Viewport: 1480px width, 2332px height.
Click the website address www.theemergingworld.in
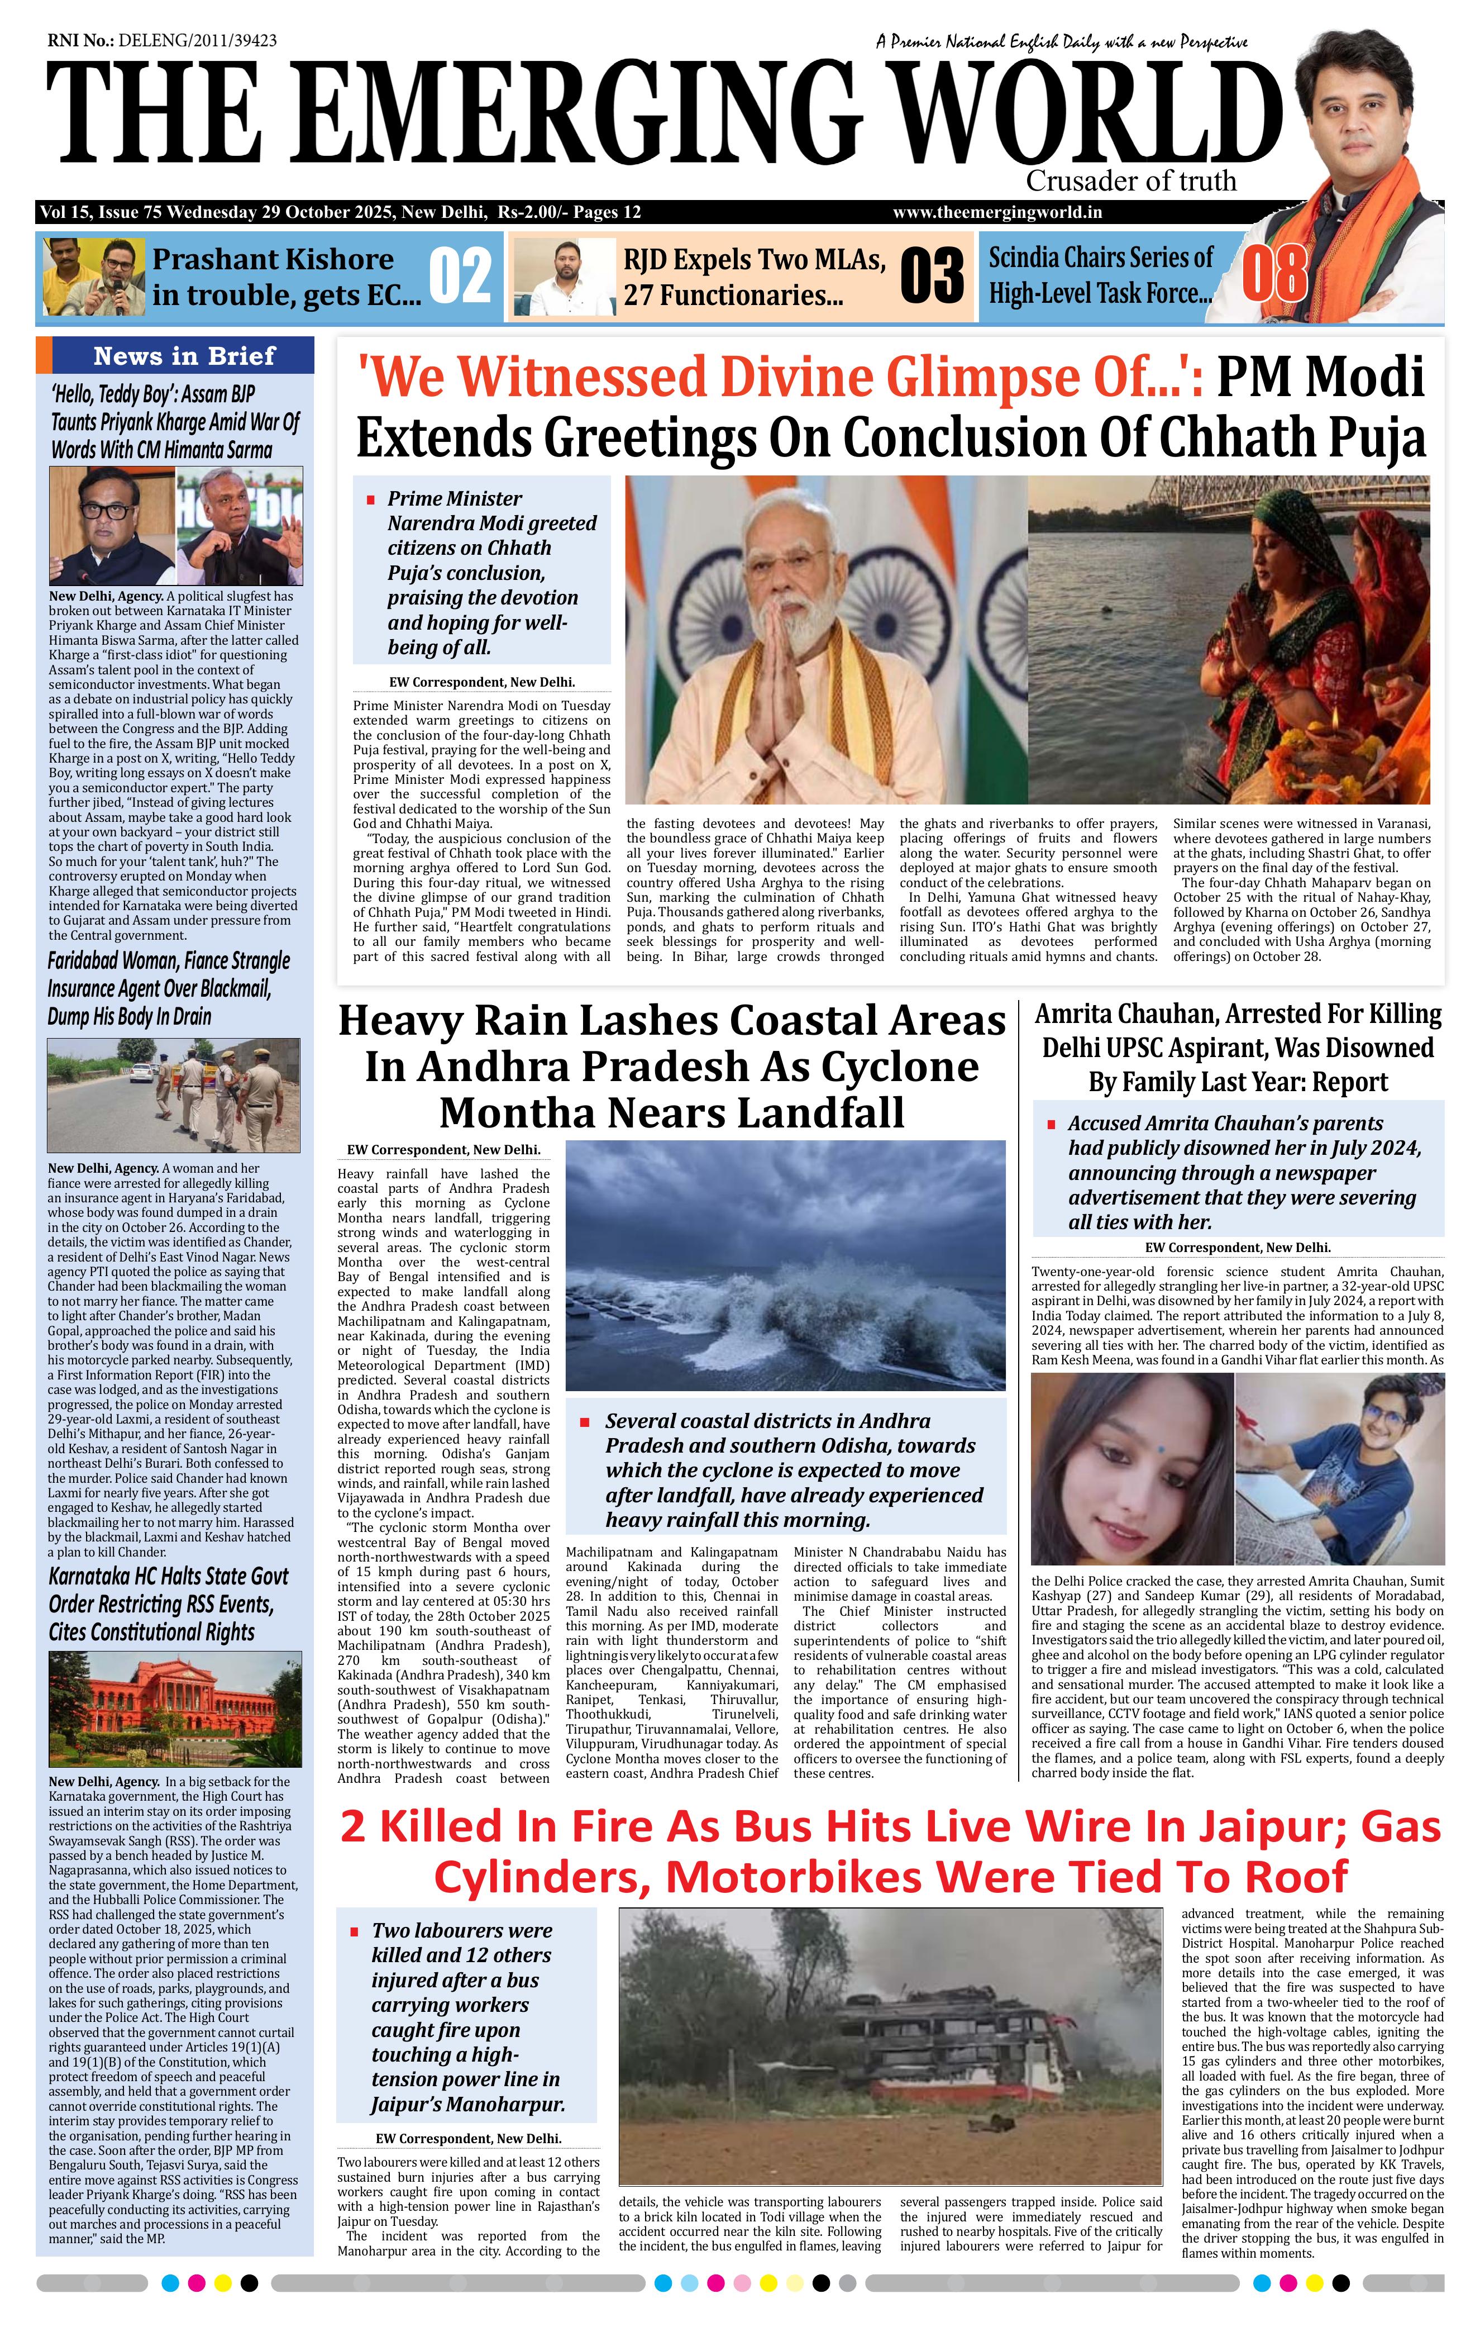point(997,213)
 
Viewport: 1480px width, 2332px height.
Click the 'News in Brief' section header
point(184,355)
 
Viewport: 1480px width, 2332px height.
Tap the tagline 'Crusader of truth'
point(1130,181)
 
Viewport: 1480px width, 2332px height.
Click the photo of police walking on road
point(174,1094)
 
